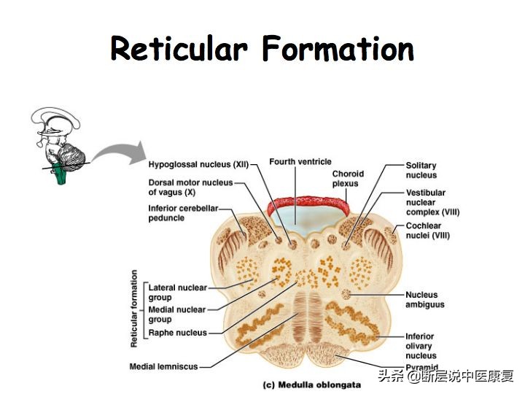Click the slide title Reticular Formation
[262, 50]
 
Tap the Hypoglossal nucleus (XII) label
[198, 164]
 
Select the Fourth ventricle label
[300, 161]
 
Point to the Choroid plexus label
[348, 179]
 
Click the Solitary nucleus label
[421, 170]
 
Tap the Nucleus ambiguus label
[424, 299]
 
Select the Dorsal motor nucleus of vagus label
[190, 187]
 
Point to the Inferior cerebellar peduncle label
[183, 213]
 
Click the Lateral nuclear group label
[177, 292]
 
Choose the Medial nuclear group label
[176, 314]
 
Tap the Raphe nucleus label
[177, 333]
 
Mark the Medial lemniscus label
[163, 366]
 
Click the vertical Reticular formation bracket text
[134, 308]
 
